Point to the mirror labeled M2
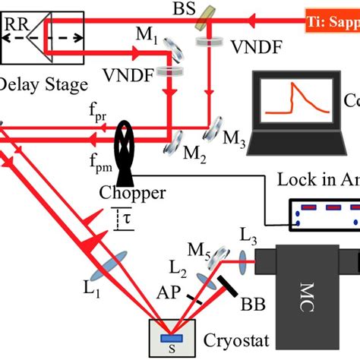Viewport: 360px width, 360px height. pos(172,137)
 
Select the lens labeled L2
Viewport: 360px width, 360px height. pos(206,281)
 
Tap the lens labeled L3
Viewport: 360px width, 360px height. pos(245,263)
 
